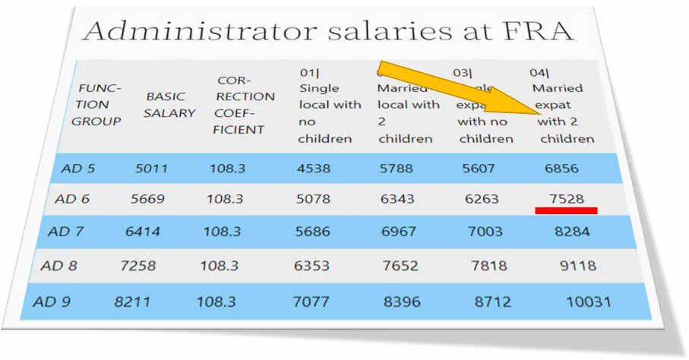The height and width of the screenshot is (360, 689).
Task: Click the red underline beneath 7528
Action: coord(566,210)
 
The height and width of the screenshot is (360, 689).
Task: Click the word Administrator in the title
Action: coord(198,31)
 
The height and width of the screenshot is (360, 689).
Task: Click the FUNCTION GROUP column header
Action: coord(97,105)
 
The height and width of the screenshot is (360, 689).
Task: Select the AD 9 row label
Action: coord(52,302)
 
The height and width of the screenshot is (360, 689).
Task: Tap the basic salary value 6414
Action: coord(143,232)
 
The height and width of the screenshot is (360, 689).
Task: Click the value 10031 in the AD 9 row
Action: coord(588,302)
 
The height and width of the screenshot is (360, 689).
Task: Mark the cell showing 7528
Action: coord(567,199)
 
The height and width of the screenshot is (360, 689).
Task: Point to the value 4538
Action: coord(314,169)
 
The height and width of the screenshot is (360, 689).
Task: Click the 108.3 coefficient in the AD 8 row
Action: coord(219,266)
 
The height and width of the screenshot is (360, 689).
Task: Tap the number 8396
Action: coord(402,302)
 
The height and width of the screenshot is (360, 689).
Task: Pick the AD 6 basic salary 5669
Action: coord(147,199)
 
